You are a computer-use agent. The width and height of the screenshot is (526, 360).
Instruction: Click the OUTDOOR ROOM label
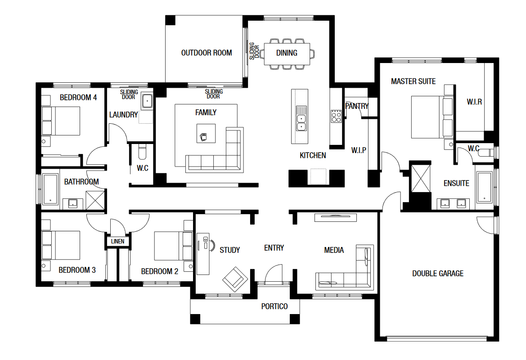click(207, 53)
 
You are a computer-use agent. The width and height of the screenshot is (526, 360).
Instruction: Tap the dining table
click(287, 54)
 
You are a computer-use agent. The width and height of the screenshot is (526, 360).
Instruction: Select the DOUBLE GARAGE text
click(438, 274)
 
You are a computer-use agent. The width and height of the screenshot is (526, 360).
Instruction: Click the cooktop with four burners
click(336, 116)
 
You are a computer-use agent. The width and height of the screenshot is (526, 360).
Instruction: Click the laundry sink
click(147, 101)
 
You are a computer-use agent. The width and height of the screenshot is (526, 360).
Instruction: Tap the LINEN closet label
click(117, 241)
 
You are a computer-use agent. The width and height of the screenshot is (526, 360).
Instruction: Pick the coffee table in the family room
click(206, 133)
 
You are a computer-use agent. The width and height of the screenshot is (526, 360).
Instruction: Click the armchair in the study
click(235, 279)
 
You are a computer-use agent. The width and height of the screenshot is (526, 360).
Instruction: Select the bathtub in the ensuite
click(485, 187)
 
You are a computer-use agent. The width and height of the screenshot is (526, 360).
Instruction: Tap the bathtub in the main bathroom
click(50, 189)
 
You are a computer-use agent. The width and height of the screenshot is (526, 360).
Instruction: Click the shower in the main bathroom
click(95, 200)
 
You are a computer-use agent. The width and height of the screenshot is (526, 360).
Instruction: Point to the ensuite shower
click(421, 179)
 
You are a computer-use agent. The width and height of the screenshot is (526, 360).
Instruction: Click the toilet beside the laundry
click(142, 152)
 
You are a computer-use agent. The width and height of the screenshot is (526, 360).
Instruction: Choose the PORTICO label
click(274, 306)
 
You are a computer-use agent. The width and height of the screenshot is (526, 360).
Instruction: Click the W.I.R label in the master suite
click(474, 102)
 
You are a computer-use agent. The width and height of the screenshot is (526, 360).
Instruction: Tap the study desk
click(203, 254)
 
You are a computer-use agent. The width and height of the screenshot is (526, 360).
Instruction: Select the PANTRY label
click(357, 106)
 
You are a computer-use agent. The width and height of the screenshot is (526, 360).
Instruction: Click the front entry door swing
click(274, 272)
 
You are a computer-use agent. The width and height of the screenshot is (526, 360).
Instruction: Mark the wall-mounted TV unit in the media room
click(336, 217)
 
